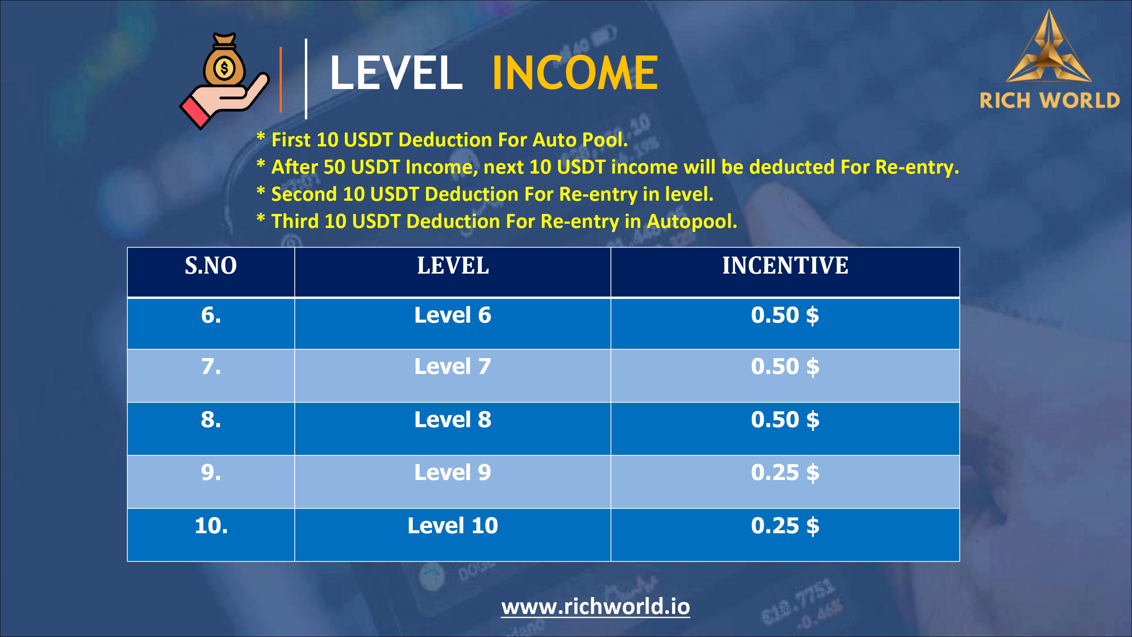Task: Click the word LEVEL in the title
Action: [x=396, y=72]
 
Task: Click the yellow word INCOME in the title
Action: [x=575, y=72]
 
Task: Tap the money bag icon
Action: [x=225, y=60]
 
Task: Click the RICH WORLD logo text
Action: [x=1049, y=101]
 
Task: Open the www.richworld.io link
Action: [x=595, y=607]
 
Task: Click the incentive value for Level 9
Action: [x=785, y=473]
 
